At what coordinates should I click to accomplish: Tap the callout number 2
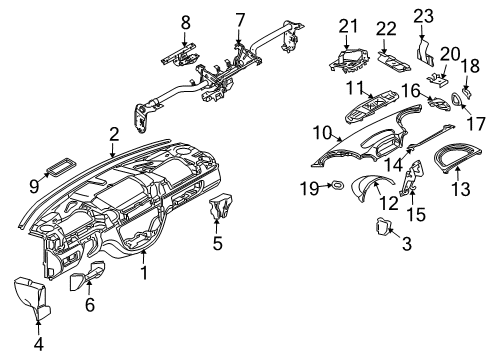[x=114, y=133]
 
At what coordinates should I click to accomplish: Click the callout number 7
[x=240, y=19]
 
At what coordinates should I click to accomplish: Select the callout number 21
[x=348, y=25]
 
